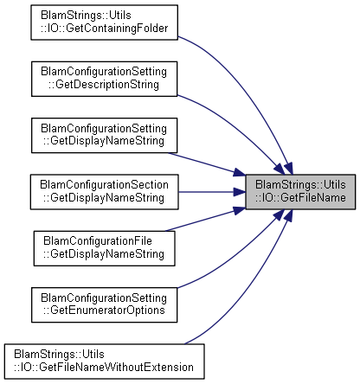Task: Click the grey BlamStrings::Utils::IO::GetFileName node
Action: pos(300,192)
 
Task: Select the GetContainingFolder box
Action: pos(104,22)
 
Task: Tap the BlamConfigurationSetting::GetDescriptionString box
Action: pos(104,79)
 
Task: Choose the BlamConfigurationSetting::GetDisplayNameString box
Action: pos(104,135)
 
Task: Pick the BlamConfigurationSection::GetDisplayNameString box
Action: pos(104,192)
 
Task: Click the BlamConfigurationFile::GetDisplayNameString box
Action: pos(104,248)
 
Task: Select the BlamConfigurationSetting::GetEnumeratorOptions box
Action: pos(104,304)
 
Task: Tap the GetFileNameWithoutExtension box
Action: pos(104,362)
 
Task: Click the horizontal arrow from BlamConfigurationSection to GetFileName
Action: pos(212,192)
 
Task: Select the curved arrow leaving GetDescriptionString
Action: pos(236,127)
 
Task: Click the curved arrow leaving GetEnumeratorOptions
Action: pos(236,257)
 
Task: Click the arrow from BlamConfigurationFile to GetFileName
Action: pos(205,221)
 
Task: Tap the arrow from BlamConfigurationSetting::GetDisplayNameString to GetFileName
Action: pos(206,163)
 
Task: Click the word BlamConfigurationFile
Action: pos(98,241)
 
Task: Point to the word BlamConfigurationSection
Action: pos(104,185)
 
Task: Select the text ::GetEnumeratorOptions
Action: pos(104,310)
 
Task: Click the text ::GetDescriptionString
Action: pos(104,85)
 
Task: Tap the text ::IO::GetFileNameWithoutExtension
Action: pos(104,368)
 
